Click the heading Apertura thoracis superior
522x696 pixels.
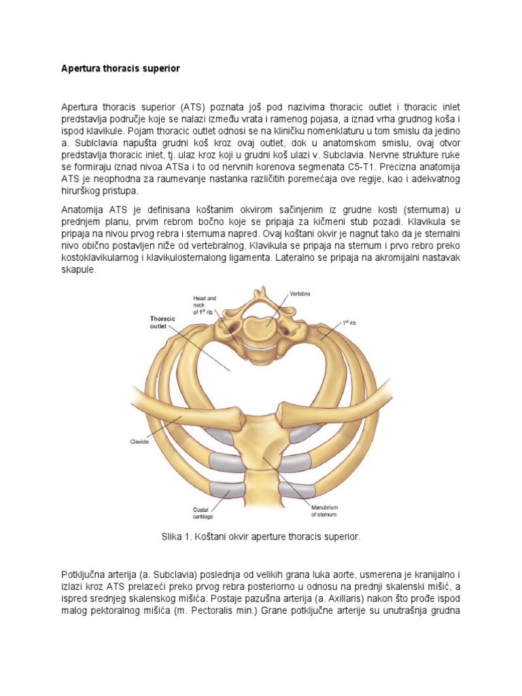coord(120,69)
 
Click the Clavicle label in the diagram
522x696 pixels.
coord(139,440)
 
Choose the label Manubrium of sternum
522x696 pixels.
coord(325,511)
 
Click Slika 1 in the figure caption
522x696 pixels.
coord(177,537)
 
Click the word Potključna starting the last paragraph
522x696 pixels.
coord(86,574)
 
